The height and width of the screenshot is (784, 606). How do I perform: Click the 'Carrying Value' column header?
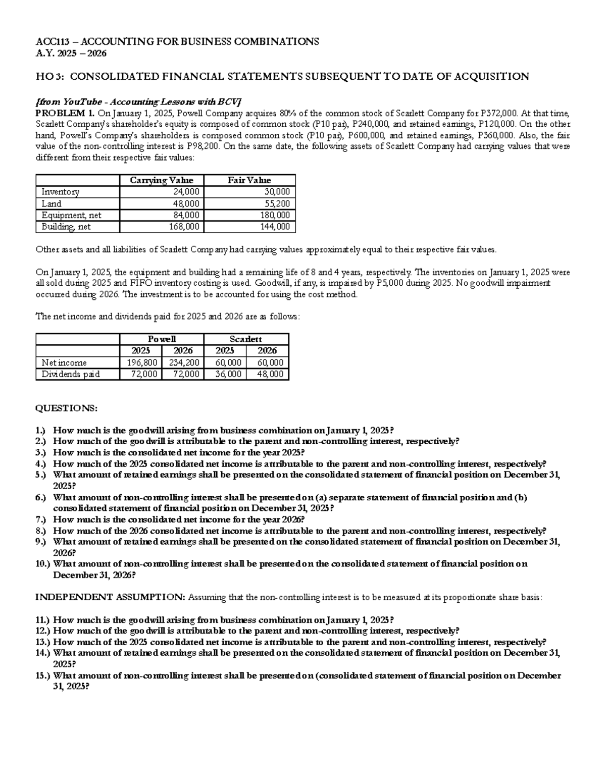pyautogui.click(x=161, y=180)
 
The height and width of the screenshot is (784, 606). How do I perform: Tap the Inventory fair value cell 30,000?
pyautogui.click(x=277, y=192)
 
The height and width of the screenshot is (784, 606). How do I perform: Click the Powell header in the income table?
pyautogui.click(x=162, y=339)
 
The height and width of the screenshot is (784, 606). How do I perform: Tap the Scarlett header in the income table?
pyautogui.click(x=245, y=339)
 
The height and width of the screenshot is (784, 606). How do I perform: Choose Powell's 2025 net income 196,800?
pyautogui.click(x=142, y=362)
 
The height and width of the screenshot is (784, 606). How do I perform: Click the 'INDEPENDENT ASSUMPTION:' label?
pyautogui.click(x=110, y=597)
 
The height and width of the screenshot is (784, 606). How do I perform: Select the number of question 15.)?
pyautogui.click(x=42, y=675)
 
